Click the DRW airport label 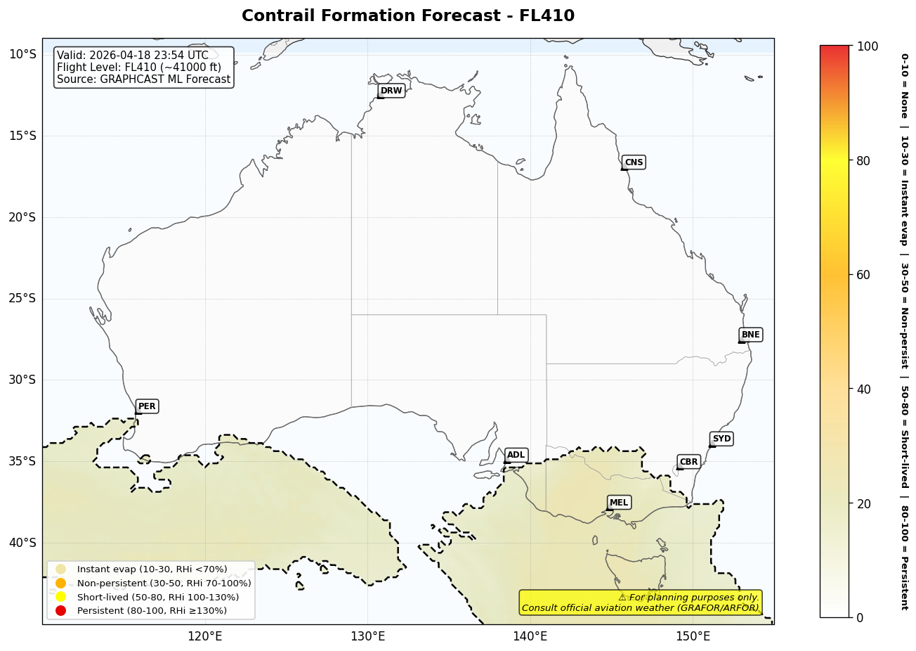click(x=391, y=91)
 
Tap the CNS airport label click(x=634, y=162)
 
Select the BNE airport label click(x=750, y=335)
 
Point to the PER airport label click(x=147, y=406)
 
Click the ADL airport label click(x=516, y=456)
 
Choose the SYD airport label click(x=721, y=439)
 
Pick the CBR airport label click(x=688, y=462)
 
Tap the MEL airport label click(x=619, y=503)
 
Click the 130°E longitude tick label click(x=367, y=637)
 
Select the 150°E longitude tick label click(x=693, y=637)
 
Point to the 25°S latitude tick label click(x=22, y=299)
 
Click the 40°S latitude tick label click(x=22, y=543)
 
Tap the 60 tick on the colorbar click(x=863, y=275)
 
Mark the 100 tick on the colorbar click(x=868, y=46)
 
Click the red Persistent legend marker click(x=61, y=611)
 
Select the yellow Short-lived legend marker click(x=61, y=597)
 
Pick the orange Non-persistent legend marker click(x=61, y=584)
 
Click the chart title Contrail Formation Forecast click(x=407, y=16)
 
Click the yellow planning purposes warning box click(x=640, y=602)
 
